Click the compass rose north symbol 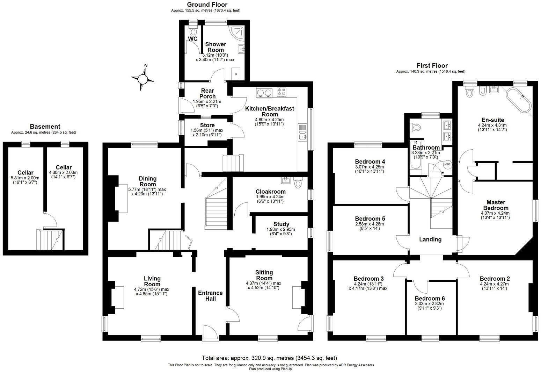click(142, 78)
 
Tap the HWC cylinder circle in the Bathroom click(447, 164)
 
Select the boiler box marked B click(236, 74)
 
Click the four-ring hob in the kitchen click(282, 92)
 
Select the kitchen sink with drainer click(302, 132)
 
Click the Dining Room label click(148, 181)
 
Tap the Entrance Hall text click(210, 296)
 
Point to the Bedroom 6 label click(430, 298)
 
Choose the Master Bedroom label click(496, 205)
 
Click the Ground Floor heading click(207, 4)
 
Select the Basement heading click(45, 127)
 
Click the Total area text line click(269, 358)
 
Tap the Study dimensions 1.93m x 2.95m click(281, 229)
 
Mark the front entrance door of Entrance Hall click(211, 333)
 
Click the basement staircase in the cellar click(50, 239)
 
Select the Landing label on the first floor click(430, 239)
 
